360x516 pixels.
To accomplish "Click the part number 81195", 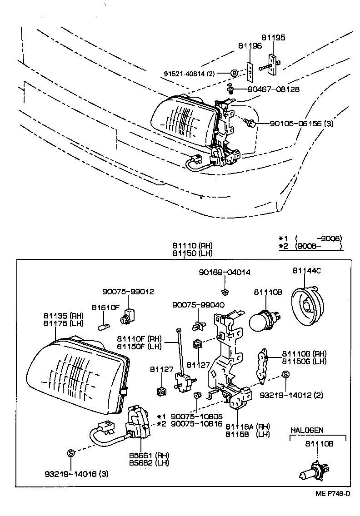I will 273,38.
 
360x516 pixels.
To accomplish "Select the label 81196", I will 250,46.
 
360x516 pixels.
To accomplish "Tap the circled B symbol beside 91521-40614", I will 234,73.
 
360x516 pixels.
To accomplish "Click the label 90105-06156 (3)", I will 301,123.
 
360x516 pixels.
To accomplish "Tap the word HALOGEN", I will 307,430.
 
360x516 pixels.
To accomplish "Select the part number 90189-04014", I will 224,272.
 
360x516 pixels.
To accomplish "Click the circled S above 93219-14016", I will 70,452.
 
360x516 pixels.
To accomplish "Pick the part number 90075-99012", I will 128,292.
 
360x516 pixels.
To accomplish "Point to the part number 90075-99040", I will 198,305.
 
